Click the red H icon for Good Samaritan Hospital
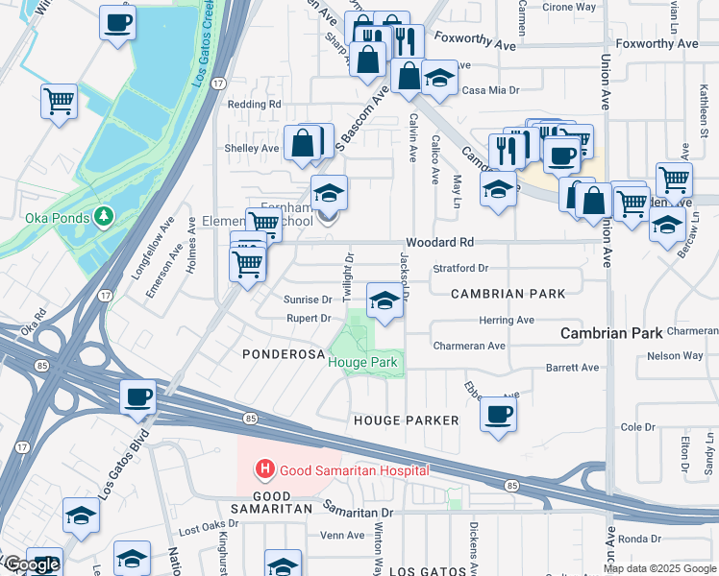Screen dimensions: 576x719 (263, 469)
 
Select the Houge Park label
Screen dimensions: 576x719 (365, 362)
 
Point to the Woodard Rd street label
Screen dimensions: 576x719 (440, 243)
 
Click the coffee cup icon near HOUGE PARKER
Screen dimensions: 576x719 (498, 415)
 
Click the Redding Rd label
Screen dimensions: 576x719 (254, 104)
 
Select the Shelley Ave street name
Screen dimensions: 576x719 (251, 149)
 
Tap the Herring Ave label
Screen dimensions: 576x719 (510, 320)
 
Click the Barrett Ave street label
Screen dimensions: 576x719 (572, 368)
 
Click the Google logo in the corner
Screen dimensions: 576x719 (31, 565)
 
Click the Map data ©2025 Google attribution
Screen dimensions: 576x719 (659, 568)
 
